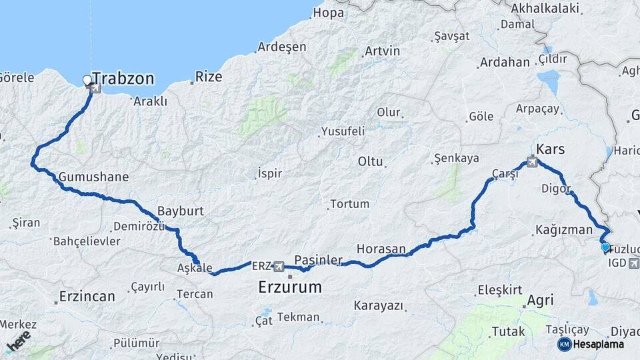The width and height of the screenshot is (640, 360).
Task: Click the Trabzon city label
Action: tap(123, 79)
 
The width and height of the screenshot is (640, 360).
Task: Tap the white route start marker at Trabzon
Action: tap(87, 81)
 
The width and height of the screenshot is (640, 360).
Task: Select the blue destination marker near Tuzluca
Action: tap(605, 247)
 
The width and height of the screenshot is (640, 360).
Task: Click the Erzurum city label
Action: tap(289, 287)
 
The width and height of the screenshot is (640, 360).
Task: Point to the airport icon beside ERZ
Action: tap(279, 266)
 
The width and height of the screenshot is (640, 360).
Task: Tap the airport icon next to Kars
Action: tap(532, 161)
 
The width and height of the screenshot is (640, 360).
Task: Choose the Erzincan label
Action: tap(87, 296)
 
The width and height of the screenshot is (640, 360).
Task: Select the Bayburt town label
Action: tap(181, 211)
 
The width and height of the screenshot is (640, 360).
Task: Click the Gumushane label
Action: tap(93, 177)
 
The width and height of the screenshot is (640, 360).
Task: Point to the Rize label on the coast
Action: tap(209, 77)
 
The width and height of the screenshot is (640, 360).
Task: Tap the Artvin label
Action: tap(382, 51)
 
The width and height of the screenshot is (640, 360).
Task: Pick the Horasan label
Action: tap(381, 249)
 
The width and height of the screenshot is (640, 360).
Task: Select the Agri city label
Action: tap(540, 301)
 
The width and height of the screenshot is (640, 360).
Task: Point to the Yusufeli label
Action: tap(343, 131)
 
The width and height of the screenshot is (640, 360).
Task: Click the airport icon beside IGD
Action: tap(634, 263)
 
